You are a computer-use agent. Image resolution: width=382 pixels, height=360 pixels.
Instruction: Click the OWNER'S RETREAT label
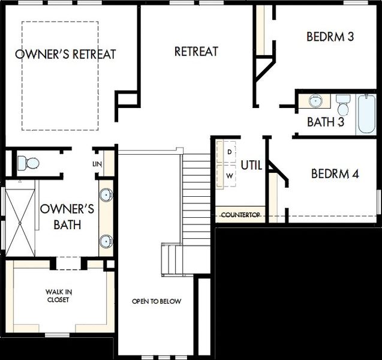[x=65, y=54]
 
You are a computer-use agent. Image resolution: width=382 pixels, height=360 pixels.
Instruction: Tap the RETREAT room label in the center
[x=196, y=52]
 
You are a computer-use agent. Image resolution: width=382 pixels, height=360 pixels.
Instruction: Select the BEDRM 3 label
[x=330, y=37]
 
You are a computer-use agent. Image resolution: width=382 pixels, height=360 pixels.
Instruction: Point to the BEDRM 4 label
[x=335, y=174]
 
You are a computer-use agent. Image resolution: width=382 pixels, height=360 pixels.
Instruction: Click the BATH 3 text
[x=326, y=122]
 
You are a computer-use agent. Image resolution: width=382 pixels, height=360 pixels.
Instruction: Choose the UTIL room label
[x=251, y=165]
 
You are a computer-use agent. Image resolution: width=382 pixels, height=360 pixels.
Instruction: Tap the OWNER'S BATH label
[x=67, y=217]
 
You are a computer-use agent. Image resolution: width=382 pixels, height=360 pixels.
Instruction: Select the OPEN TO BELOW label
[x=157, y=301]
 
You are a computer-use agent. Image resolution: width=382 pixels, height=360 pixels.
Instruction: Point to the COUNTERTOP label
[x=240, y=215]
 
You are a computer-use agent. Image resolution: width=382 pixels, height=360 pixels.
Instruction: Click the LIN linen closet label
[x=97, y=164]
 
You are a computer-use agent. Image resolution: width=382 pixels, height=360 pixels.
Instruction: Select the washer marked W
[x=229, y=176]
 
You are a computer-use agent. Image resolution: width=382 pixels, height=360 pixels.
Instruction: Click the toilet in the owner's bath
[x=28, y=163]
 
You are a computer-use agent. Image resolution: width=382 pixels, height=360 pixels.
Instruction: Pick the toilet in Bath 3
[x=343, y=104]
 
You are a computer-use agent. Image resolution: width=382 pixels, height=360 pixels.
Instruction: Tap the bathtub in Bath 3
[x=366, y=114]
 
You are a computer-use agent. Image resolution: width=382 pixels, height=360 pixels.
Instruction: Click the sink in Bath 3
[x=315, y=101]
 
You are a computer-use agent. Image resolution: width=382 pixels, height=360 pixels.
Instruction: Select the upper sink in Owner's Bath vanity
[x=106, y=195]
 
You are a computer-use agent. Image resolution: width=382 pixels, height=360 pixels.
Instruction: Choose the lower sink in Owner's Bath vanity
[x=106, y=241]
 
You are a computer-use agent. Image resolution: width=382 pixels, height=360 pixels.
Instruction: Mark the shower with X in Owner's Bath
[x=20, y=221]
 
